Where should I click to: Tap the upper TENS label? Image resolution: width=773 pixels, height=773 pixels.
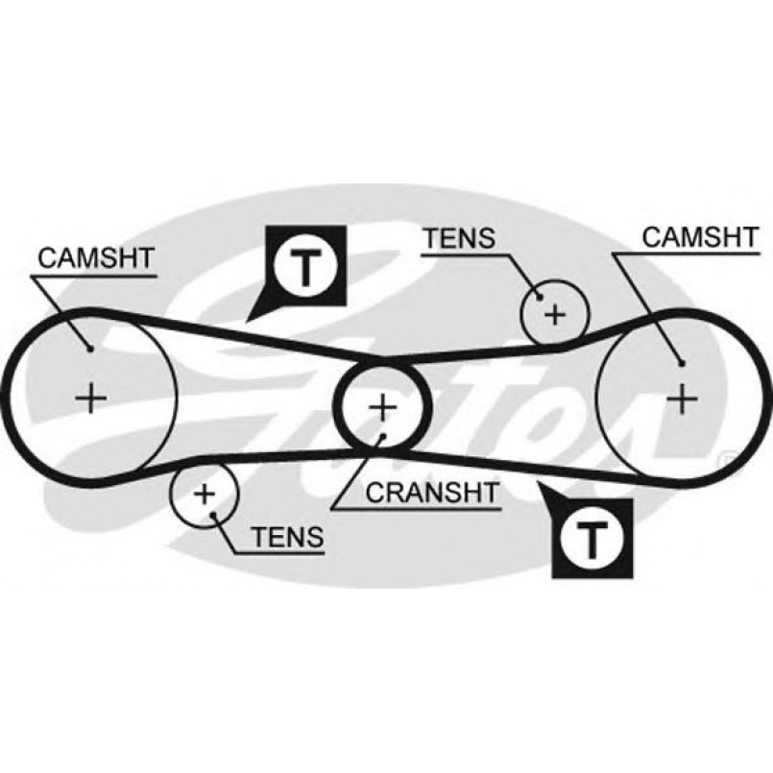(x=458, y=236)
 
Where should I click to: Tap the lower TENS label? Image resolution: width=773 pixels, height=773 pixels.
(x=288, y=538)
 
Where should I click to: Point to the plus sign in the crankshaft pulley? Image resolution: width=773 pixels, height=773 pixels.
(x=382, y=407)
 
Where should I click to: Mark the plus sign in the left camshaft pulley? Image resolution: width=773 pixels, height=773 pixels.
(x=91, y=396)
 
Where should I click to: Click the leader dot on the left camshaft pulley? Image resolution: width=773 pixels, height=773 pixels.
(x=91, y=348)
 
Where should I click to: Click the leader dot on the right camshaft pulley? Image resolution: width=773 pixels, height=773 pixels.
(x=679, y=363)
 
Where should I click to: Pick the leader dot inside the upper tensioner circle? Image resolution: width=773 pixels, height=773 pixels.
(x=538, y=296)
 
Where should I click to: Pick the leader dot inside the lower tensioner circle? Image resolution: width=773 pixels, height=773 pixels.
(x=213, y=512)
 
